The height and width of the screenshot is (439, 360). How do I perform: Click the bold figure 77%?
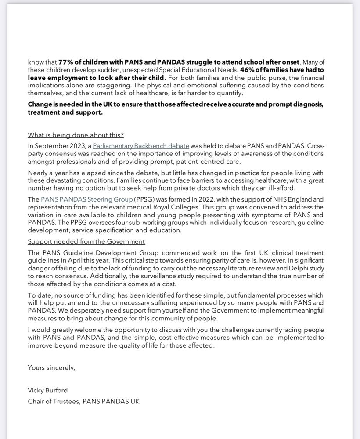pos(65,62)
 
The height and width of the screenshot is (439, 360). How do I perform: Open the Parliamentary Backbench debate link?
pos(141,145)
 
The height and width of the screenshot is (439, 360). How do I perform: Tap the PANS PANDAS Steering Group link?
pos(87,199)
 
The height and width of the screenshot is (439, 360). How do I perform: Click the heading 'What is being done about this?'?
pos(76,135)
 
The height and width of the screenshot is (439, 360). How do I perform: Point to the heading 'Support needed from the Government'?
pos(86,241)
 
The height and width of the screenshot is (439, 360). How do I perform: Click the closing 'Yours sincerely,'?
pos(51,368)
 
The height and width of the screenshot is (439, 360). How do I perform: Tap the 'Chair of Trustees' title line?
pos(84,401)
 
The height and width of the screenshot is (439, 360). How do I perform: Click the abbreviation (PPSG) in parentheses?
pos(145,199)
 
